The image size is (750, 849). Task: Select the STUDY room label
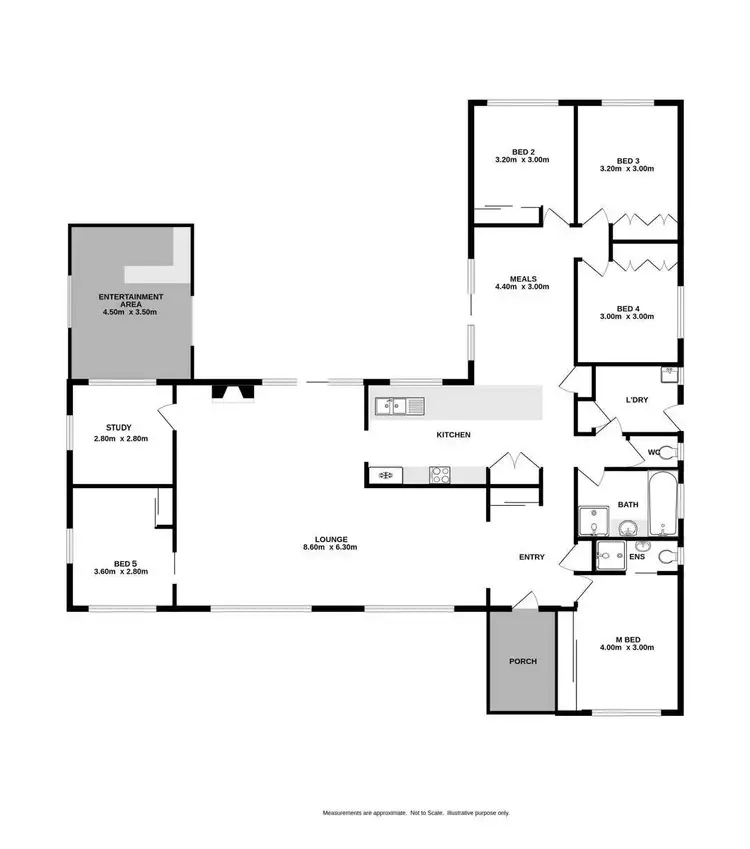pos(119,428)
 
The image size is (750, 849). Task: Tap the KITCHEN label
pos(453,435)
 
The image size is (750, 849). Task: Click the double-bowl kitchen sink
pos(399,405)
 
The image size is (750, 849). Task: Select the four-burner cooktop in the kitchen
pos(441,475)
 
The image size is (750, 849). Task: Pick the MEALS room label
pos(523,279)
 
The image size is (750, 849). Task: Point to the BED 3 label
pos(627,161)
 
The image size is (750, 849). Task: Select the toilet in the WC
pos(671,452)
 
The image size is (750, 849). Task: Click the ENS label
pos(637,556)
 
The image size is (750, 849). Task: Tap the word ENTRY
pos(531,557)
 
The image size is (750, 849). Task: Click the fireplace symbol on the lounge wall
pos(231,391)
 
